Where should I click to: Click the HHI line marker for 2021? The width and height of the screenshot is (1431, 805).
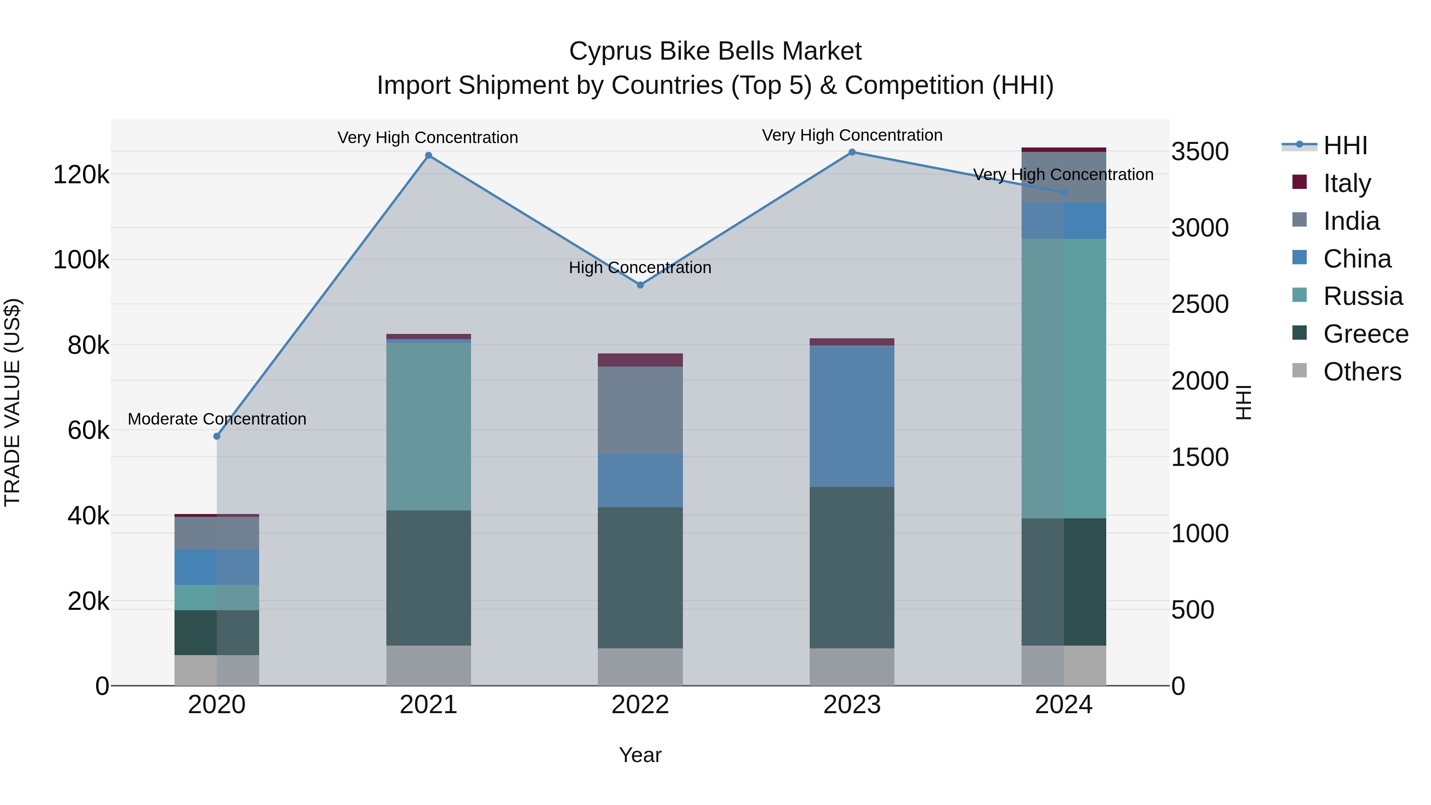428,155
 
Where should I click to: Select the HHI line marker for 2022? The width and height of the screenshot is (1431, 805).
640,285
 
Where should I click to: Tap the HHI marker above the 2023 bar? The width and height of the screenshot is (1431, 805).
852,152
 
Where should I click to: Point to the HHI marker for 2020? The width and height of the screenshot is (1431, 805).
217,436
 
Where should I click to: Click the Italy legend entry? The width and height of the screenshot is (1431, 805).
1347,183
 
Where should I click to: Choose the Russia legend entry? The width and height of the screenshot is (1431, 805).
1362,296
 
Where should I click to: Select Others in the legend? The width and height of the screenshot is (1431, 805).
1361,372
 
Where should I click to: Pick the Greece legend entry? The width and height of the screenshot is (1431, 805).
1365,334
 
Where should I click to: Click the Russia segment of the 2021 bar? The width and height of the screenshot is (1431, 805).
428,426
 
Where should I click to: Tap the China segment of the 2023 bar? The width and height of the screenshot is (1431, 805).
852,416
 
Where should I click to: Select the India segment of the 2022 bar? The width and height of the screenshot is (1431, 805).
640,410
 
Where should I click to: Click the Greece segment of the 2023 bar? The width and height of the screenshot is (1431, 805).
852,567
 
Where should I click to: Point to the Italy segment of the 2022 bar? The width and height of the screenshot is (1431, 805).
640,360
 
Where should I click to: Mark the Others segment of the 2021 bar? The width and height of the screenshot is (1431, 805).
428,665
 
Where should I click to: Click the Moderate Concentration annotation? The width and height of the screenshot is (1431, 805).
217,419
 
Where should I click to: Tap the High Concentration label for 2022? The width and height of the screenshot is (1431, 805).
640,268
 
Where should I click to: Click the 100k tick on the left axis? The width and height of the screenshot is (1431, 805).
81,260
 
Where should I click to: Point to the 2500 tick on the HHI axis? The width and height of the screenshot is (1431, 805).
1200,305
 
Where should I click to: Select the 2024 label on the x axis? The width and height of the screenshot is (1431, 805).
1063,705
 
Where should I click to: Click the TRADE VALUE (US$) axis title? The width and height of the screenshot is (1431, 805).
12,402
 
